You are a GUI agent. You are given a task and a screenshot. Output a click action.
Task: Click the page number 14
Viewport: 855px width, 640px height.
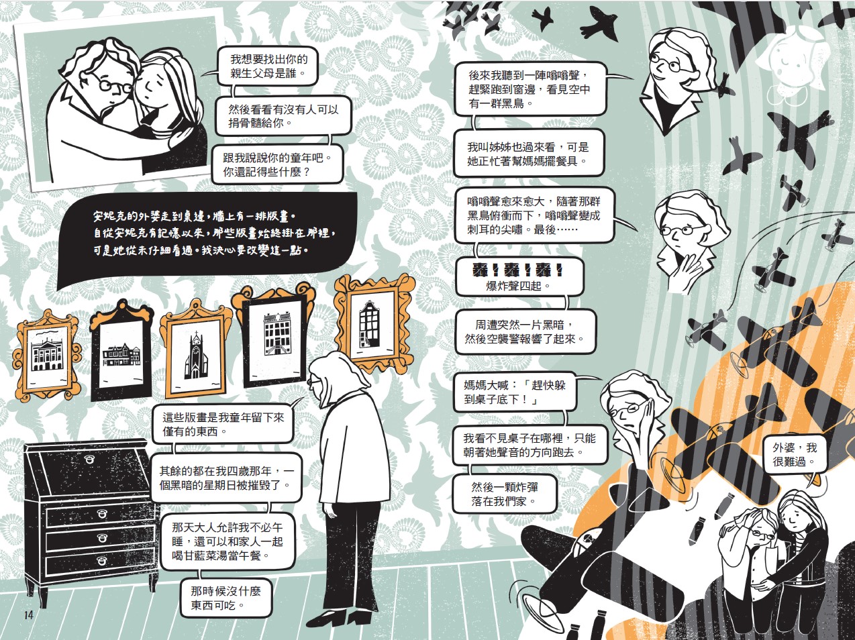point(28,615)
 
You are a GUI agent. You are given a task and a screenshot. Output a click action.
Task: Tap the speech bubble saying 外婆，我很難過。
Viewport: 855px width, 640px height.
point(794,455)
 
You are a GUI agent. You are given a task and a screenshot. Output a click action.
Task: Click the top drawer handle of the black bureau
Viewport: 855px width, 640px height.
point(90,460)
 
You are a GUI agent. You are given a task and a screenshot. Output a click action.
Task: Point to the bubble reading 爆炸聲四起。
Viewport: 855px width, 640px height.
point(519,277)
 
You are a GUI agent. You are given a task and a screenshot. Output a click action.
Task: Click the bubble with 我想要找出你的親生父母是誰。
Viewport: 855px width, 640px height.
point(268,66)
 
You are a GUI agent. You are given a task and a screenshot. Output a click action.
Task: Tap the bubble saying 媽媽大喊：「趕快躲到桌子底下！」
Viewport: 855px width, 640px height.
point(515,392)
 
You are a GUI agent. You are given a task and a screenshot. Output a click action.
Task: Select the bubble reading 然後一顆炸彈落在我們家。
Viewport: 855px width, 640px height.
point(505,494)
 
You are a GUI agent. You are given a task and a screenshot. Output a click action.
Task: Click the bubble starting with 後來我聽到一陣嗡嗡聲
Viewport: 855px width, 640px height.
point(530,89)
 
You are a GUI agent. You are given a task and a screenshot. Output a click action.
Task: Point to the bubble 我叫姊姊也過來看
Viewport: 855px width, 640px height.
point(528,154)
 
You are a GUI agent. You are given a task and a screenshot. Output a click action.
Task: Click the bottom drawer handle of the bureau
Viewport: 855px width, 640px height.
point(102,561)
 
